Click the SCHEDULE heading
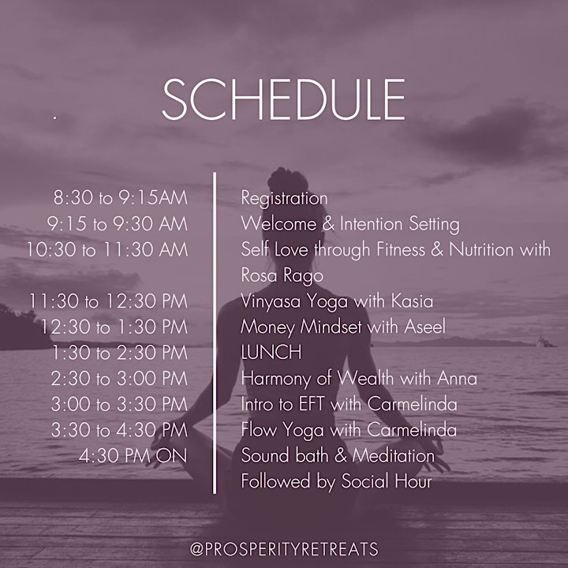284,99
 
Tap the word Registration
284,199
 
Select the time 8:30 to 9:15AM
121,198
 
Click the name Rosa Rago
282,275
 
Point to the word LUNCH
271,352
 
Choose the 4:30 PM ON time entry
133,456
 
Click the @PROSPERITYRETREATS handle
284,549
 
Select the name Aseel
424,327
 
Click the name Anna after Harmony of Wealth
457,378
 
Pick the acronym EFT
311,404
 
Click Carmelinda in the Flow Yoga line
412,430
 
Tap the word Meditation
394,456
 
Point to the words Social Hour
387,481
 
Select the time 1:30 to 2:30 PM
120,353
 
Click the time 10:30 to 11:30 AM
107,249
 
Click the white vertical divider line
215,333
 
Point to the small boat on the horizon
545,342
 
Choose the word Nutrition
481,249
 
